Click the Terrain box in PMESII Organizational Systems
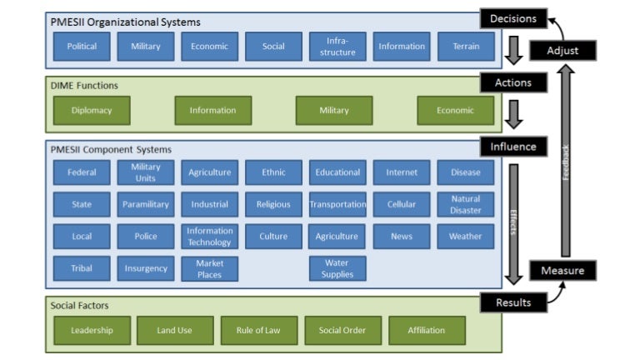pos(466,47)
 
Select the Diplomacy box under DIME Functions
pos(82,110)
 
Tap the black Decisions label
pos(512,18)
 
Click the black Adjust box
pos(562,50)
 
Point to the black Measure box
pos(562,270)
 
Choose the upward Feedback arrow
pos(566,159)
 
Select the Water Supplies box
pos(337,268)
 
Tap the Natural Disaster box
pos(466,204)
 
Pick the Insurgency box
pos(146,268)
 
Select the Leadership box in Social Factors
pos(92,330)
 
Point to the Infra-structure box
pos(337,47)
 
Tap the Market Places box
pos(210,268)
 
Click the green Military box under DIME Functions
pos(334,110)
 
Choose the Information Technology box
pos(210,237)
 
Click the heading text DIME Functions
pos(84,85)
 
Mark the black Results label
pos(512,302)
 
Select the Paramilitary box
pos(146,204)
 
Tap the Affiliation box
pos(427,330)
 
